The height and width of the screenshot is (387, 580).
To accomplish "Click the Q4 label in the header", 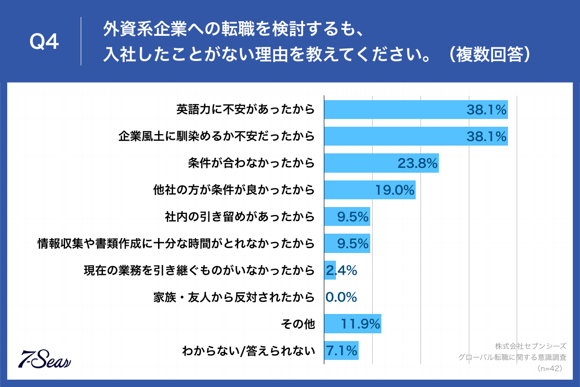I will [x=44, y=43].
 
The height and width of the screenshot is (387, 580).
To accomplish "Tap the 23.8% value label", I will [x=417, y=164].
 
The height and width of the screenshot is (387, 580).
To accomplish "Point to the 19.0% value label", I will [x=394, y=191].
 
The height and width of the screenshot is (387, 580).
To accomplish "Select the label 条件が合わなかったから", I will [x=251, y=164].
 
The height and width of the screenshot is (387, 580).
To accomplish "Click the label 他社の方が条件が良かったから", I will [x=233, y=191].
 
